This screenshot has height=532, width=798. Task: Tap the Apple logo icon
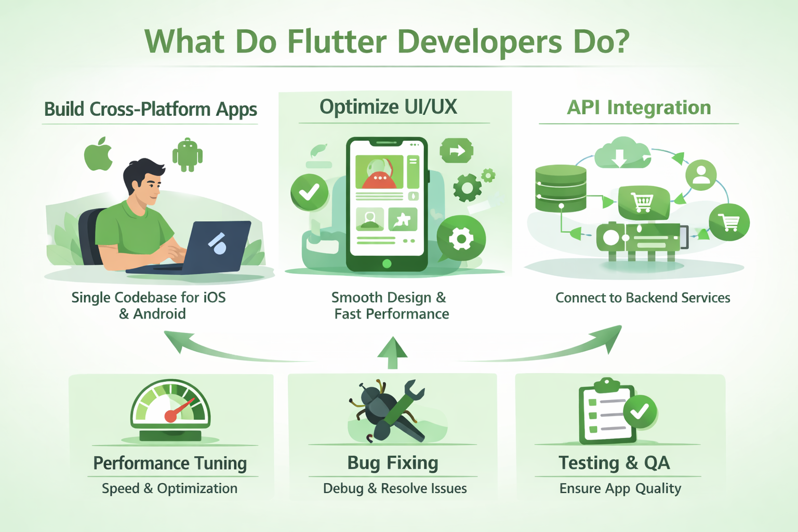[99, 154]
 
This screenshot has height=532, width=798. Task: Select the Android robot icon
[187, 155]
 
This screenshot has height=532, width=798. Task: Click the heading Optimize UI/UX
[388, 107]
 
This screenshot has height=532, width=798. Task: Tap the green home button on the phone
[387, 263]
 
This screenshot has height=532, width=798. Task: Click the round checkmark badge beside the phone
[309, 192]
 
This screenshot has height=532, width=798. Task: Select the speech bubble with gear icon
[461, 240]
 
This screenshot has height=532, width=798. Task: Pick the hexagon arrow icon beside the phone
[456, 151]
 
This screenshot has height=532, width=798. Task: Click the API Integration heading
[639, 108]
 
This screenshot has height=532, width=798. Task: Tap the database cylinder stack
[561, 188]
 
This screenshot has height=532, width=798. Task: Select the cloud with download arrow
[620, 153]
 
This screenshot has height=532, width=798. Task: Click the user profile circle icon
[701, 175]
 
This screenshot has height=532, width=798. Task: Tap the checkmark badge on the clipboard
[640, 411]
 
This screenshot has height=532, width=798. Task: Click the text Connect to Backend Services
[643, 298]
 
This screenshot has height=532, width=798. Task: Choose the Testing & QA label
[614, 462]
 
